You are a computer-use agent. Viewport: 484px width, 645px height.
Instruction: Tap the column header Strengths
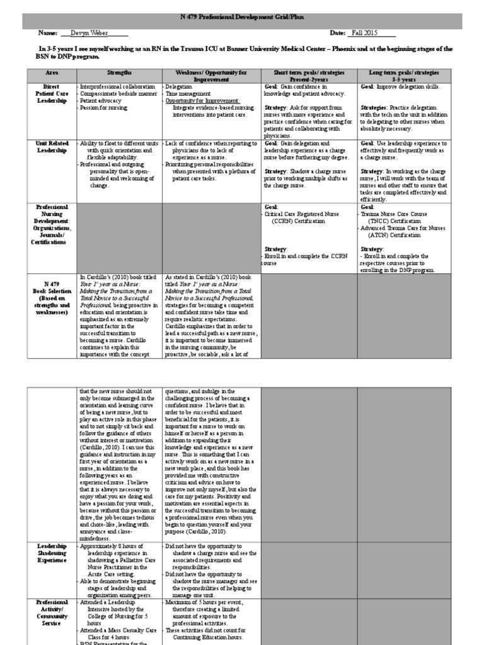(x=120, y=72)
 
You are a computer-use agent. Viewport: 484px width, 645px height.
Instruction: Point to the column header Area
(x=51, y=72)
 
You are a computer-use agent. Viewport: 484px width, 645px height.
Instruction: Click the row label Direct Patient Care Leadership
(x=51, y=93)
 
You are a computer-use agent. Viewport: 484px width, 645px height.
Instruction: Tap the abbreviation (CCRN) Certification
(x=299, y=221)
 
